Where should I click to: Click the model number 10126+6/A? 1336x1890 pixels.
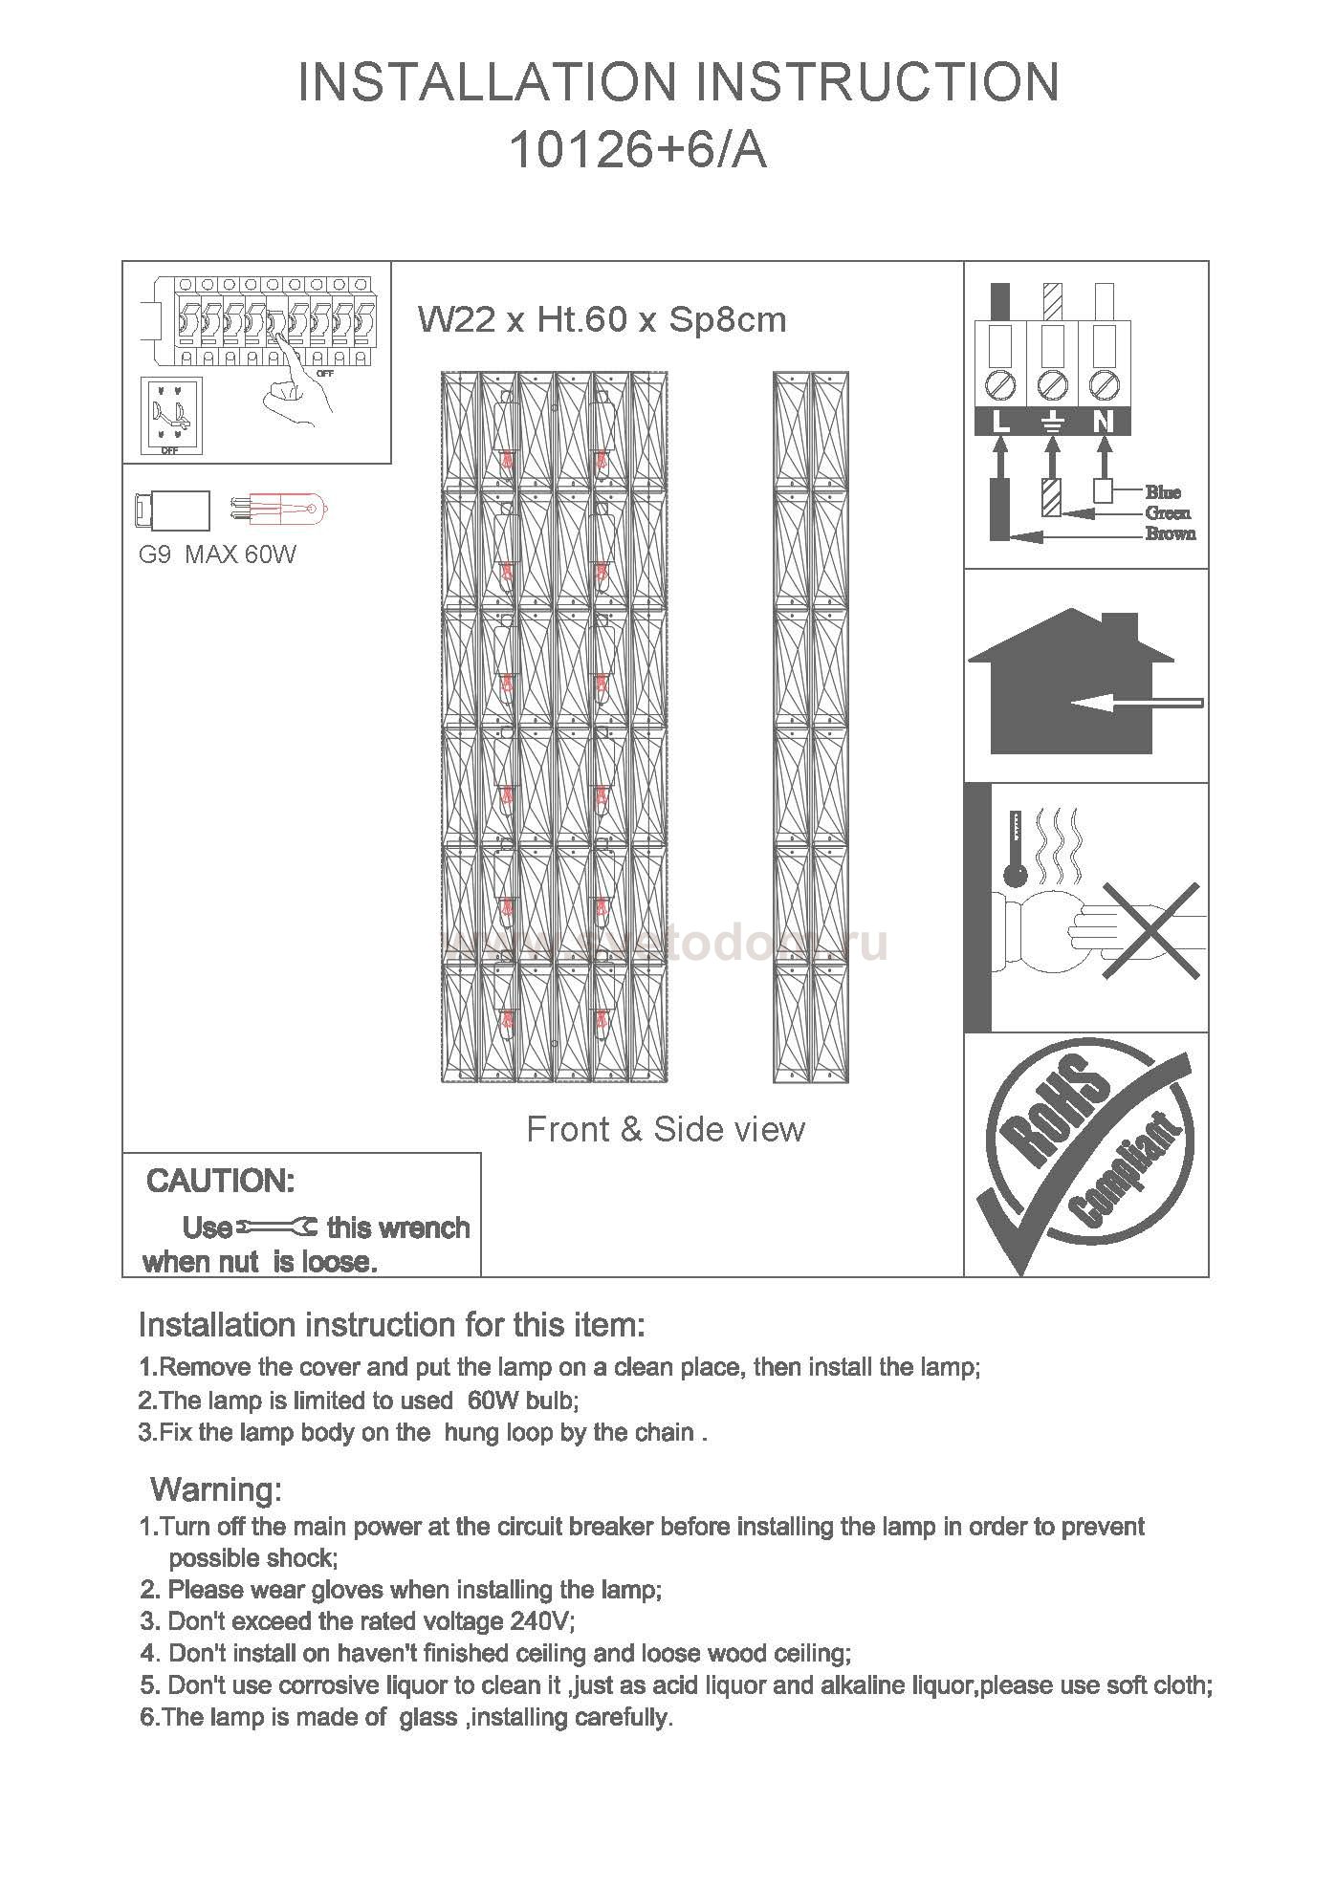coord(638,150)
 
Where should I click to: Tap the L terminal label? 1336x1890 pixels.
coord(1000,422)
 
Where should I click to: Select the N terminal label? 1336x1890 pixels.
coord(1104,422)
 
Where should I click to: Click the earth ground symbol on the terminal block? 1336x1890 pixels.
coord(1052,422)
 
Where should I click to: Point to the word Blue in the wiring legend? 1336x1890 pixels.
coord(1163,492)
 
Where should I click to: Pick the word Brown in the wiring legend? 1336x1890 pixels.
coord(1170,533)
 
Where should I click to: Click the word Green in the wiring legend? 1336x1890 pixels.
coord(1168,513)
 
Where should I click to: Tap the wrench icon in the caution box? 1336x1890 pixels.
coord(278,1227)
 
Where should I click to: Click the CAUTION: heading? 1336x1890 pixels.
coord(220,1182)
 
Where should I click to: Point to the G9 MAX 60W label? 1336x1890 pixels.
coord(217,554)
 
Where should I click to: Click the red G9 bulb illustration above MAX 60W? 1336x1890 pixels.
coord(281,507)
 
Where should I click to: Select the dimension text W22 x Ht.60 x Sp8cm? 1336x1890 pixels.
coord(602,319)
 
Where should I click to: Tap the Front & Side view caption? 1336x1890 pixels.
coord(666,1130)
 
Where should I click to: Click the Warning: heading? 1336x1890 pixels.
coord(216,1489)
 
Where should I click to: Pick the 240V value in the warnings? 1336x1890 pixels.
coord(540,1621)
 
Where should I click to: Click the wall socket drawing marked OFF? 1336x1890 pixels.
coord(171,415)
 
